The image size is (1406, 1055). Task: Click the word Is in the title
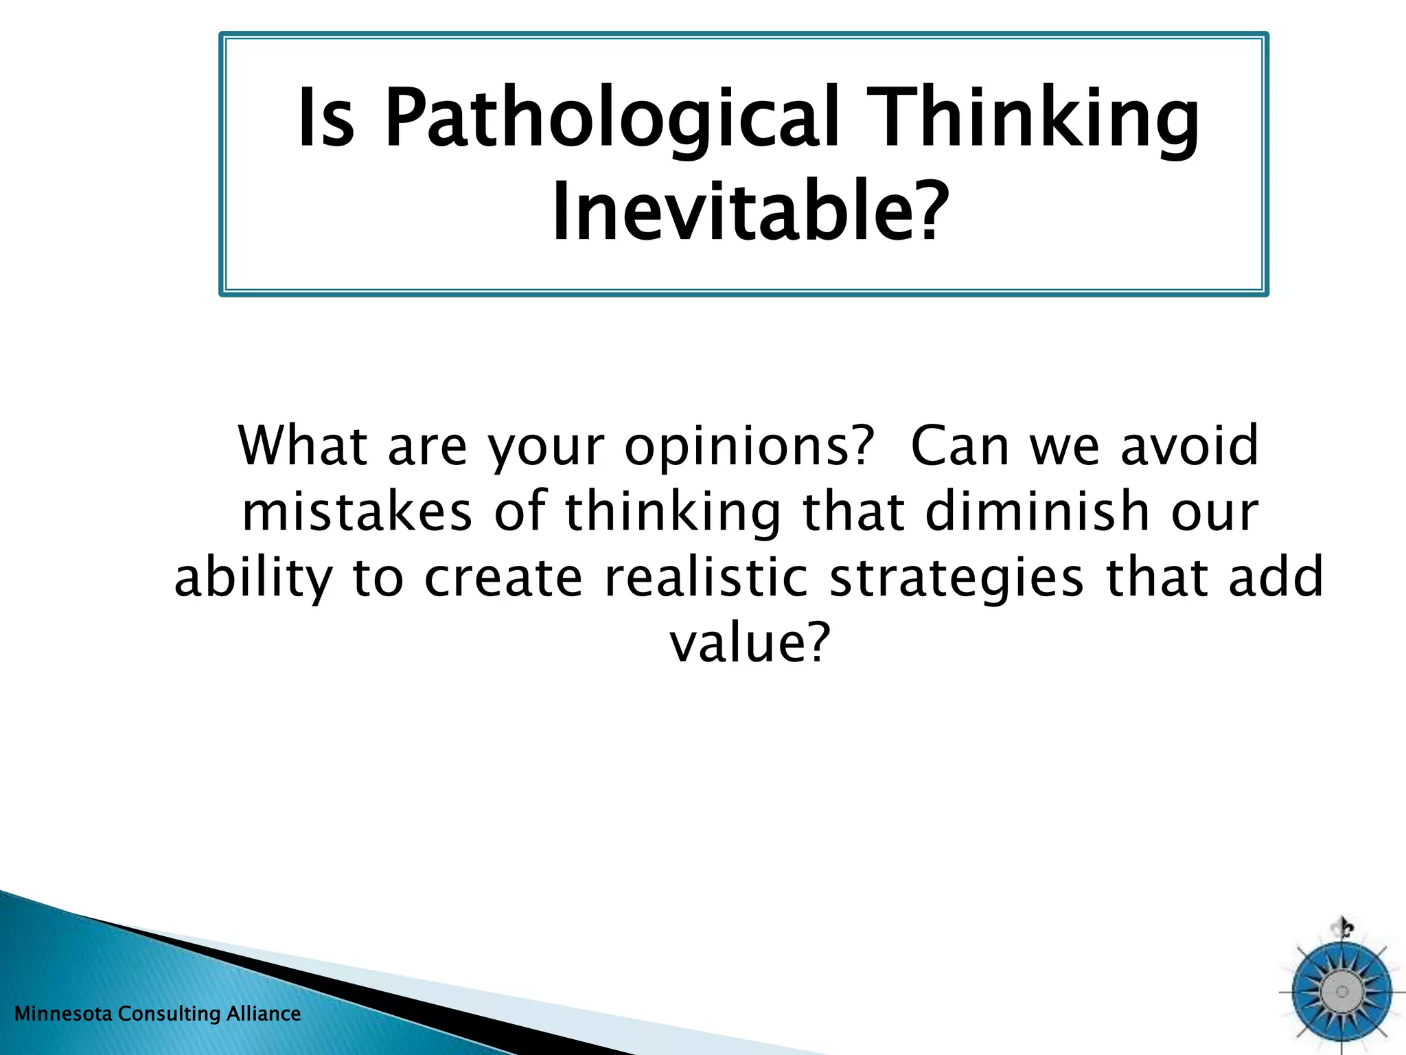point(327,118)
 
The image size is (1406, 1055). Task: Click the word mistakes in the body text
point(358,512)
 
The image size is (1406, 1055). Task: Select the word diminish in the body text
point(1037,512)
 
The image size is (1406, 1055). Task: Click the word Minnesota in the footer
point(63,1014)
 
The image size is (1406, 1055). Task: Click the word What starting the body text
point(303,446)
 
